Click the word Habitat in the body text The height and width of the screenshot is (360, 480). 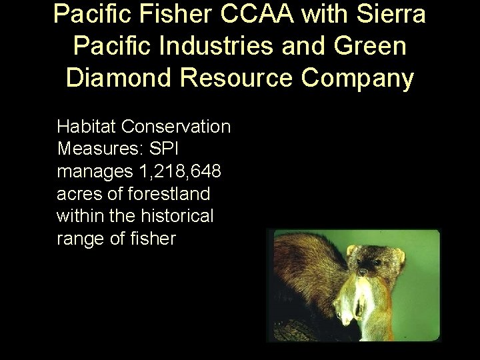80,126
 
